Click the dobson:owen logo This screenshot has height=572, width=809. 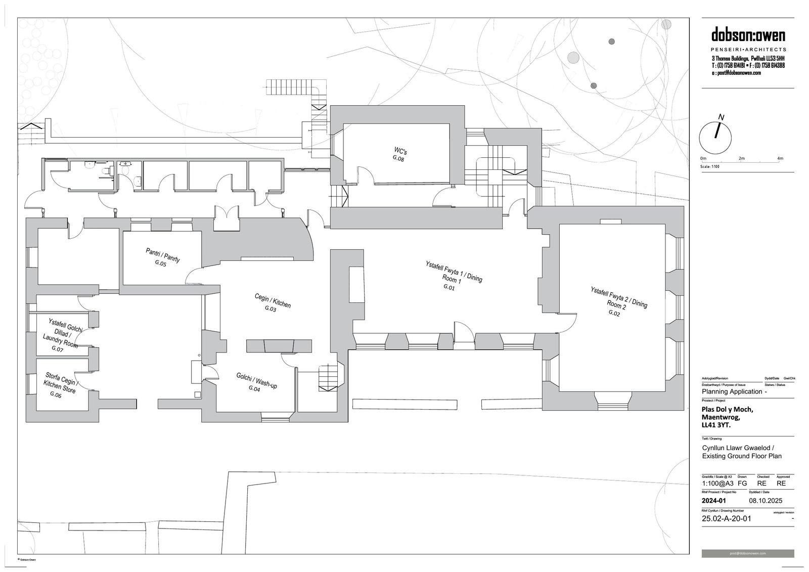tap(748, 36)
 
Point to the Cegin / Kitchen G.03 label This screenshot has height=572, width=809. tap(272, 303)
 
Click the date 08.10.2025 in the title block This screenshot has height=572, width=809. tap(766, 501)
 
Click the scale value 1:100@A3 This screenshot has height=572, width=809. tap(717, 483)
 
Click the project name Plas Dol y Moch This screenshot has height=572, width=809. tap(727, 410)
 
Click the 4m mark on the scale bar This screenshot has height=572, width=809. tap(780, 159)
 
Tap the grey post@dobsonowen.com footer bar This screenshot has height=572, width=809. tap(747, 553)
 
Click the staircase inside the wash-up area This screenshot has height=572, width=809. tap(328, 378)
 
